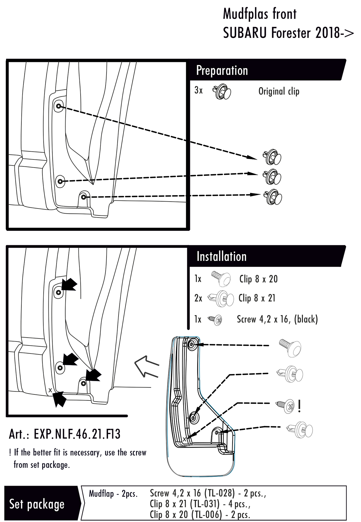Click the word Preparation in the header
(222, 70)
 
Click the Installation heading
(221, 256)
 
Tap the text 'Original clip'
(279, 91)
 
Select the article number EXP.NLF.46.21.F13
(65, 434)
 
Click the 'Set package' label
(37, 504)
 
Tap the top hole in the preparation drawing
(58, 106)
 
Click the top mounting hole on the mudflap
(192, 344)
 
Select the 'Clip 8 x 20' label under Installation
(258, 279)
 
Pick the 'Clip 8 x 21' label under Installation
(257, 298)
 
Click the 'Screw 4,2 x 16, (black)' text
(277, 319)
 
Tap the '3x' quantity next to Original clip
(199, 90)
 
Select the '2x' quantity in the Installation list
(198, 298)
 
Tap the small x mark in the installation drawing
(50, 390)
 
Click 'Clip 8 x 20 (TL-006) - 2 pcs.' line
(200, 514)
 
